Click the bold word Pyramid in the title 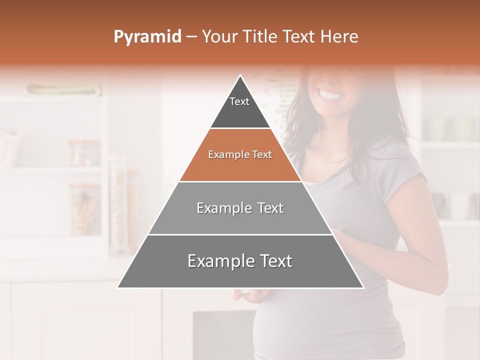(147, 36)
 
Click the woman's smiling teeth (331, 94)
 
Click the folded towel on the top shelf (64, 90)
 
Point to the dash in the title (191, 36)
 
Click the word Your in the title (218, 36)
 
